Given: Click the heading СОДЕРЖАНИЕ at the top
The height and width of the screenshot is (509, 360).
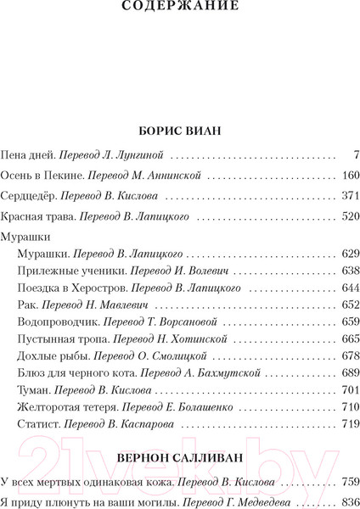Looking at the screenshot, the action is (x=180, y=10).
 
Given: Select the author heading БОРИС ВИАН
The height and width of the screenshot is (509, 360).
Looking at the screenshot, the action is (x=179, y=132).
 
